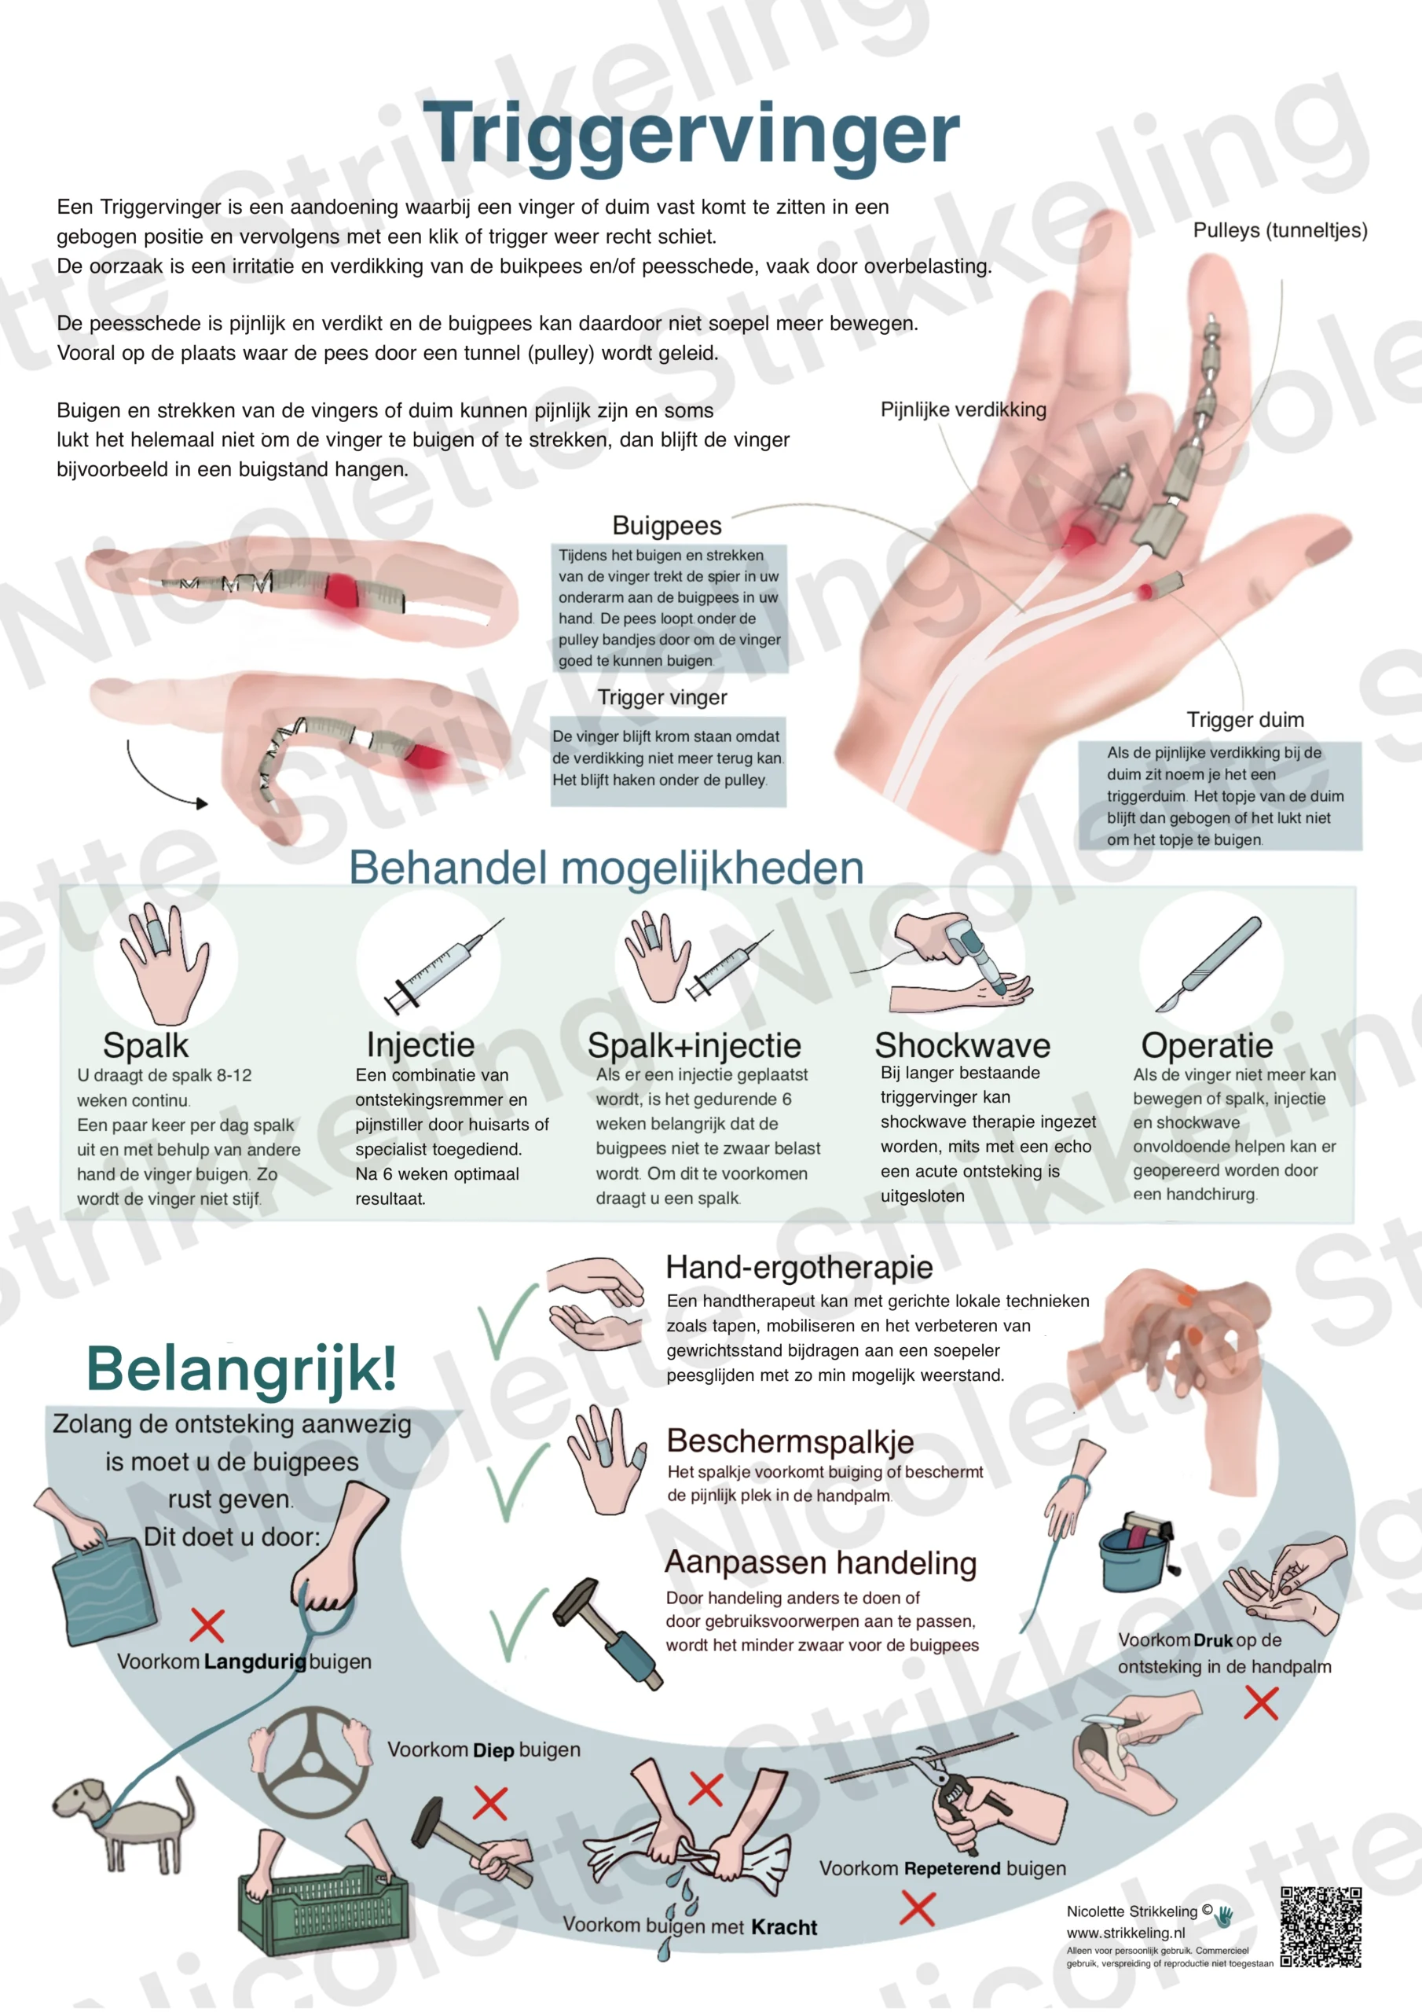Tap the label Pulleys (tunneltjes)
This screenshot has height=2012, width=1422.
[1280, 230]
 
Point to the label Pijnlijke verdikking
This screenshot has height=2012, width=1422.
[963, 409]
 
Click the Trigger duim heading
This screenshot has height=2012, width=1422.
[1245, 719]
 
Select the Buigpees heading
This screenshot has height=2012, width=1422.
[667, 526]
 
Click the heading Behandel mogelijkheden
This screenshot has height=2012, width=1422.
[607, 868]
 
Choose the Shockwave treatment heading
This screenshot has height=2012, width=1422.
[962, 1045]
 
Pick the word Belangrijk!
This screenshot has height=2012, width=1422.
[242, 1368]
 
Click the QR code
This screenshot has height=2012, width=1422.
[1321, 1927]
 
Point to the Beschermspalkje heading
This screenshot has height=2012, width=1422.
[790, 1441]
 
